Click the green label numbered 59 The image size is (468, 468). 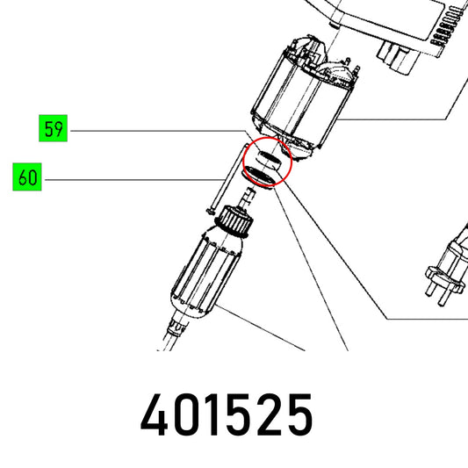pyautogui.click(x=54, y=128)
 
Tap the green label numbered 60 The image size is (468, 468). pyautogui.click(x=27, y=176)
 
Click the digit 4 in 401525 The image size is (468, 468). pyautogui.click(x=155, y=414)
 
